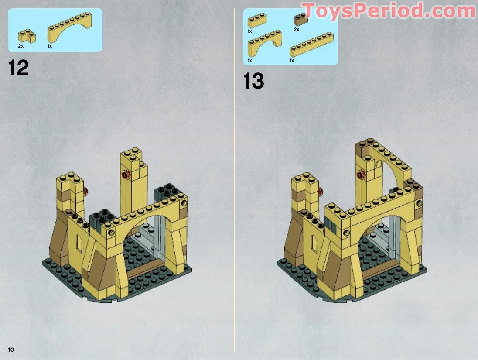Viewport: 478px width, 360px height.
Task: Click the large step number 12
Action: pos(19,68)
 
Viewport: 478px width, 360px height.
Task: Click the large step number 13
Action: pos(254,81)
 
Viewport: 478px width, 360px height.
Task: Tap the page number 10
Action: pos(10,350)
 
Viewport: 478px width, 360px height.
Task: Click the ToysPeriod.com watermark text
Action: pos(388,10)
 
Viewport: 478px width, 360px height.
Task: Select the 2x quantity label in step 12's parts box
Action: pos(20,46)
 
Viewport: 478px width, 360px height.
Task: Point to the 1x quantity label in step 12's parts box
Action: pos(49,46)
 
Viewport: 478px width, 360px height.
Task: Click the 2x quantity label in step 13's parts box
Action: pos(297,30)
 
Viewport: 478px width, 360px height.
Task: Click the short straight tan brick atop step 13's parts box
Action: pos(257,21)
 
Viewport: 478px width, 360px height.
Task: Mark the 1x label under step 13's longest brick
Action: pos(291,60)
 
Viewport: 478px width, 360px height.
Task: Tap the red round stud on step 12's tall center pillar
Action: pos(126,175)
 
